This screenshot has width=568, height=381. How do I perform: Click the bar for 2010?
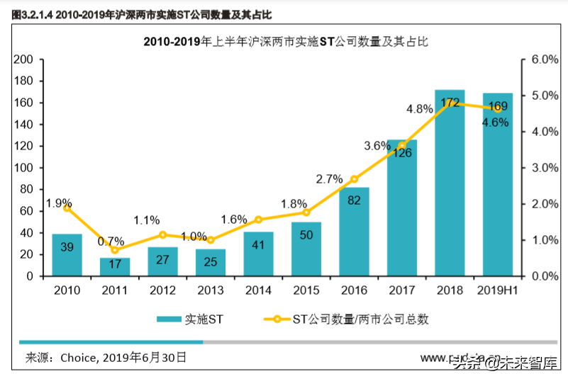(x=67, y=255)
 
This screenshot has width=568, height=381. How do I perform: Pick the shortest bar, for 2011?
(x=115, y=267)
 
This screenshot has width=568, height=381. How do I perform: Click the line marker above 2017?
(x=402, y=146)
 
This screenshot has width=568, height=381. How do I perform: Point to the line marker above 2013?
(x=211, y=240)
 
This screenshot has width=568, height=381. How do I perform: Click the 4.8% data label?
(x=420, y=109)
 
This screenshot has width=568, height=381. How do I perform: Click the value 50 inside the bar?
(x=306, y=235)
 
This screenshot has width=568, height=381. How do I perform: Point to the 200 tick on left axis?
(x=24, y=59)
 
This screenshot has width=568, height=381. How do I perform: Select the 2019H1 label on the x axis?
(x=498, y=290)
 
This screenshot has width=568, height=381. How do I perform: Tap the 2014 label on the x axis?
(x=258, y=290)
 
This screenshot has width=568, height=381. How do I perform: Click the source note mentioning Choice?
(x=106, y=357)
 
